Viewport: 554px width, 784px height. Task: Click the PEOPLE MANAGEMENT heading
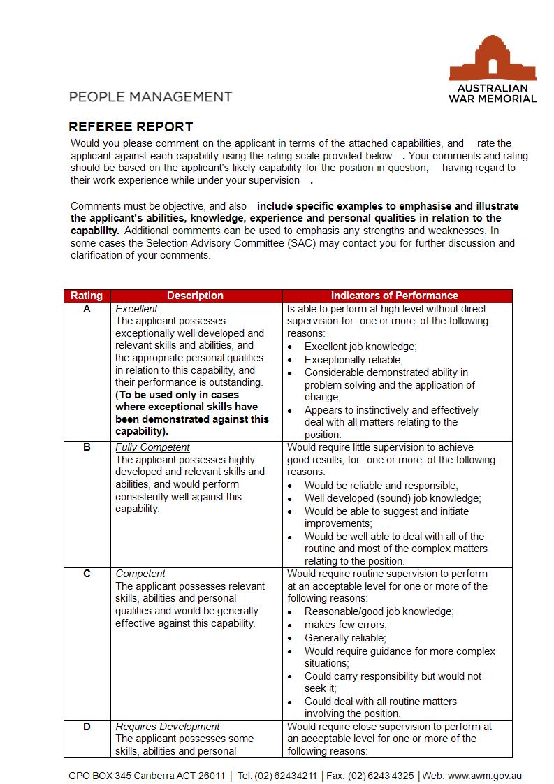click(151, 96)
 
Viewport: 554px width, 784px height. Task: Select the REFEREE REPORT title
click(131, 127)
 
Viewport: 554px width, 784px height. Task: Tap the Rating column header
click(87, 296)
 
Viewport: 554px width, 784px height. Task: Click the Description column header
click(196, 296)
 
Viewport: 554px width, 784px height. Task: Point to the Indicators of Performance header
click(394, 296)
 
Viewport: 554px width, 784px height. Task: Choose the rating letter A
click(87, 309)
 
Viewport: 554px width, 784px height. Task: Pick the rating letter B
click(87, 447)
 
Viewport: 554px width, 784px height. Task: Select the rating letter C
click(87, 574)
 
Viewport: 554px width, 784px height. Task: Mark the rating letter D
click(87, 727)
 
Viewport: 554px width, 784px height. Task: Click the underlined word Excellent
click(136, 309)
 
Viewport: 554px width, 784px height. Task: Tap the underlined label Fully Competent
click(152, 447)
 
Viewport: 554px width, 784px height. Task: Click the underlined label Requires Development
click(168, 727)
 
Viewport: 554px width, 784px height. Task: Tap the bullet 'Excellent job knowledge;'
click(360, 347)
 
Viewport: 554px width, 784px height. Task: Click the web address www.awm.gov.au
click(484, 776)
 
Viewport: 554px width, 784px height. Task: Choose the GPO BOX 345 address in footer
click(147, 776)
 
